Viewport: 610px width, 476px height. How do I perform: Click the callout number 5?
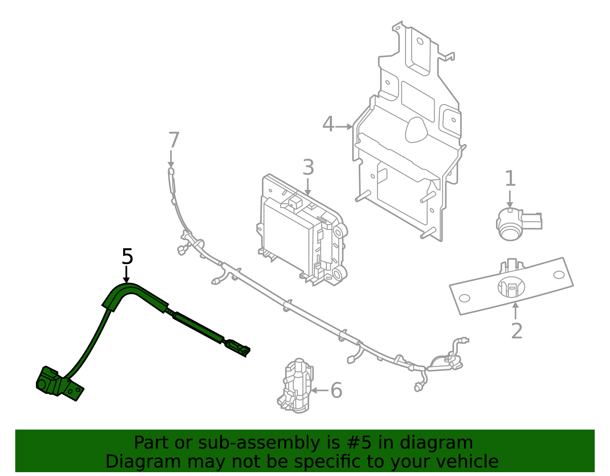point(127,256)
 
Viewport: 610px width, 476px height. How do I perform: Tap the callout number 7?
point(174,140)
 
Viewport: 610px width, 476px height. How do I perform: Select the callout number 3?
point(308,167)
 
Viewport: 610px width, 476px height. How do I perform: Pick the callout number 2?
point(517,331)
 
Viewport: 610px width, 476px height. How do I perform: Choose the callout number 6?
point(336,390)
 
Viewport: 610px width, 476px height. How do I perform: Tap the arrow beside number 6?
point(319,390)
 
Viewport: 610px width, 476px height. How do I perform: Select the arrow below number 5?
point(127,275)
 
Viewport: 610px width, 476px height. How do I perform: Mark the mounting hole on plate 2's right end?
point(559,275)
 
